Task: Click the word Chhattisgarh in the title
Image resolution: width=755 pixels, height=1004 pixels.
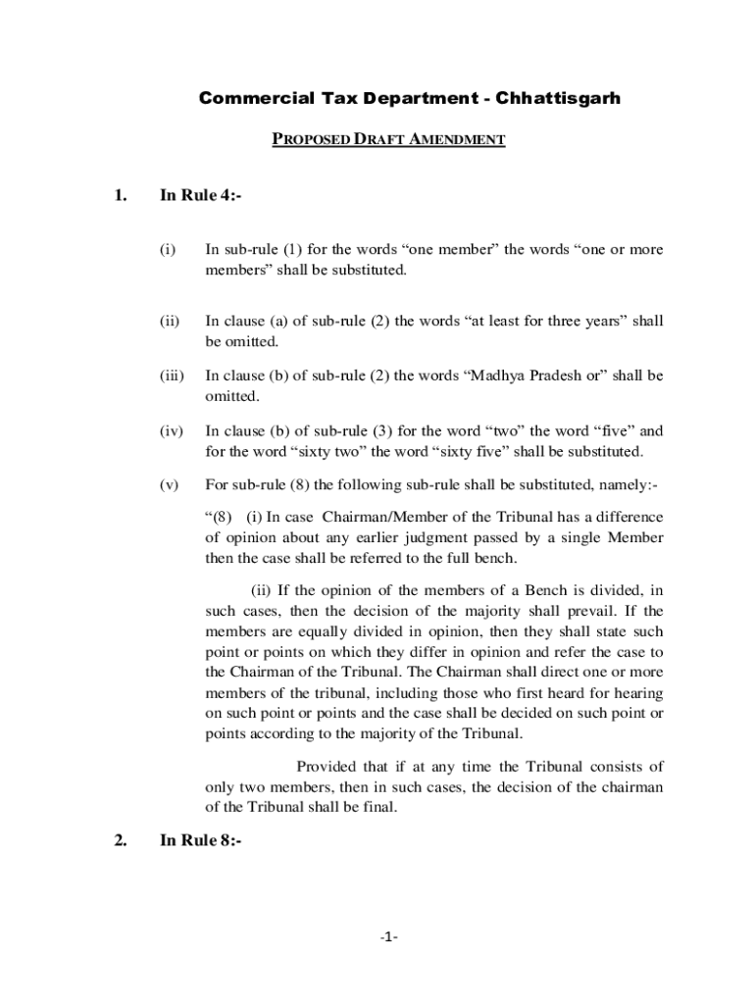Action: tap(558, 98)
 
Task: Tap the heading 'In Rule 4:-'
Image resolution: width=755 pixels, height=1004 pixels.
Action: tap(200, 195)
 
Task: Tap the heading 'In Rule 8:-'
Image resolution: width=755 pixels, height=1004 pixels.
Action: tap(200, 839)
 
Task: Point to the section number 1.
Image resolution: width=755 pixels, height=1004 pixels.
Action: tap(120, 195)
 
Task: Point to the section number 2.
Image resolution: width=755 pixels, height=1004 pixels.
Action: tap(120, 839)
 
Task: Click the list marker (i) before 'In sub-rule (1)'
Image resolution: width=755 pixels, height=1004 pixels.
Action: tap(167, 250)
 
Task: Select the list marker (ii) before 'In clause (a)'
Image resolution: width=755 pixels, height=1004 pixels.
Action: tap(169, 321)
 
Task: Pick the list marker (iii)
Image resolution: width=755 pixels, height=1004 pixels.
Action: tap(171, 376)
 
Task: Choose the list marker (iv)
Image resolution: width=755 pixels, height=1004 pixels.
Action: tap(171, 430)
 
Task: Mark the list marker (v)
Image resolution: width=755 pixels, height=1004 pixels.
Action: tap(169, 484)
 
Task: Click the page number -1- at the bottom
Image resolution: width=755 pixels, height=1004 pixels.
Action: tap(386, 936)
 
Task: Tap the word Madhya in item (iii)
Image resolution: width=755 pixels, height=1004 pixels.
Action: tap(496, 376)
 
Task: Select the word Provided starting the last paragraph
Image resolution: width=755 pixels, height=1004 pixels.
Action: tap(329, 767)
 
